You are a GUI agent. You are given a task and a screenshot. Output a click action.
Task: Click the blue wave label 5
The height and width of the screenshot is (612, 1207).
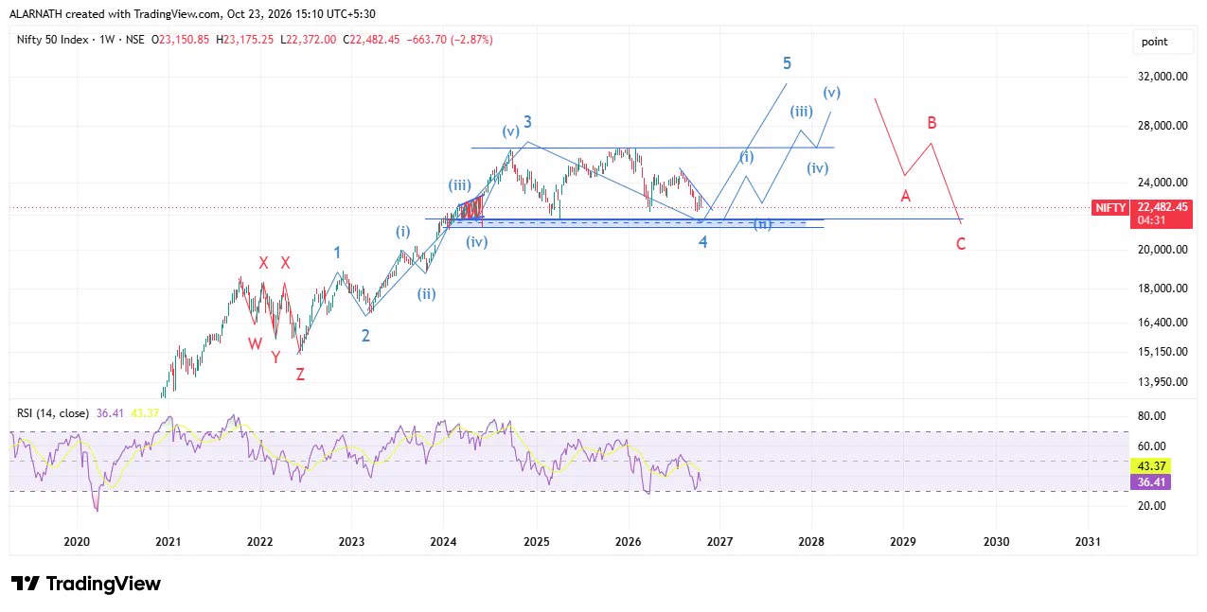tap(787, 63)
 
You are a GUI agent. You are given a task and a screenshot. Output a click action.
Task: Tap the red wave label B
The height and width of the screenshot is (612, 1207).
tap(932, 123)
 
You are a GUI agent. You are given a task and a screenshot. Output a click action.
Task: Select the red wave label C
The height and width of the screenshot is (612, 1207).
tap(961, 244)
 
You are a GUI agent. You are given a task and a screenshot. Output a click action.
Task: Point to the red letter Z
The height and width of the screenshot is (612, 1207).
tap(300, 374)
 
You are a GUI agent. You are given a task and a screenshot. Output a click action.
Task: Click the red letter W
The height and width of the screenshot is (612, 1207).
tap(255, 343)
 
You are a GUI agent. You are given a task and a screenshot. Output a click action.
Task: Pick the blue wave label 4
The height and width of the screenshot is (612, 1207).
tap(702, 242)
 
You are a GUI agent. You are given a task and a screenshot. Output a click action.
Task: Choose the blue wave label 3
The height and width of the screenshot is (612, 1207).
tap(527, 122)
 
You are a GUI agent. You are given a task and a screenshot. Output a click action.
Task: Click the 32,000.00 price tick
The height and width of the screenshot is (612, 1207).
tap(1163, 77)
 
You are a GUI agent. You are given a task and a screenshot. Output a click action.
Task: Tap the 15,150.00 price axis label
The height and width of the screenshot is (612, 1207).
tap(1163, 352)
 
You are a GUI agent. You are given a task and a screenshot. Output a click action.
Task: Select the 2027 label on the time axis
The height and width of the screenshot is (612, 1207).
tap(719, 541)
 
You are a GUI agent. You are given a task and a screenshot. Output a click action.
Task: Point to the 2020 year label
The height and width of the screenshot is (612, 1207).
tap(77, 541)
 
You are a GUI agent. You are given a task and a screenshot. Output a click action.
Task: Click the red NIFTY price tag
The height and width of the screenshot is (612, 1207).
tap(1110, 208)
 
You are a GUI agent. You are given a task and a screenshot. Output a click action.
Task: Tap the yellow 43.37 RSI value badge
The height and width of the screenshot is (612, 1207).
tap(1150, 465)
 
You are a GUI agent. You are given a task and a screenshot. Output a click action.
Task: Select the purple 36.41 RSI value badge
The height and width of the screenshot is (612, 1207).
tap(1150, 481)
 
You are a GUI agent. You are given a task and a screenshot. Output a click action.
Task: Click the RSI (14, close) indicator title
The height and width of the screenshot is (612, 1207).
tap(53, 412)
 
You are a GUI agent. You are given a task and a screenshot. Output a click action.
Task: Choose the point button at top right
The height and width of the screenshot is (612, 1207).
tap(1154, 42)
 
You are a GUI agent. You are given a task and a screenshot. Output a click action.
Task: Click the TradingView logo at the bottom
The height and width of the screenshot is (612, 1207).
tap(86, 584)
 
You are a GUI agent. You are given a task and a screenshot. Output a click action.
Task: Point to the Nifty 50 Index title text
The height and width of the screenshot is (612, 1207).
tap(52, 40)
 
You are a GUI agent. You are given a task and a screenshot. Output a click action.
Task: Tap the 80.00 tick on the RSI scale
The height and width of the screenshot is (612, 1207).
tap(1151, 415)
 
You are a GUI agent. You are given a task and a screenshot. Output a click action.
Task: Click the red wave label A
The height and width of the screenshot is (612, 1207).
tap(905, 196)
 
